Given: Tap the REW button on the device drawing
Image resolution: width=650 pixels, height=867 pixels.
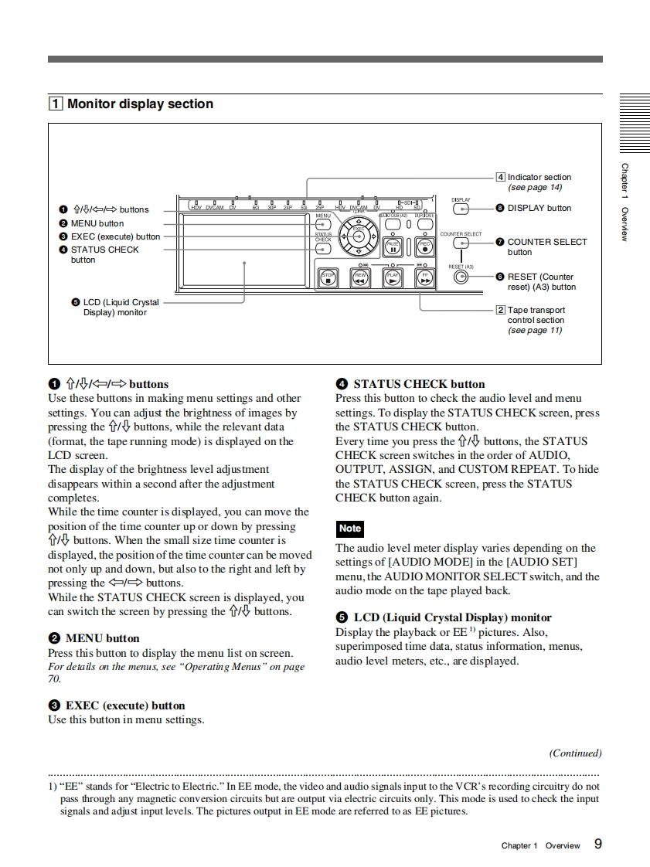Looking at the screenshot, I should (361, 277).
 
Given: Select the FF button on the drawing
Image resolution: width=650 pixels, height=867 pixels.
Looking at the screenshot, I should (425, 277).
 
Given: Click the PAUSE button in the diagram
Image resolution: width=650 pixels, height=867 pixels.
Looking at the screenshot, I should (393, 246).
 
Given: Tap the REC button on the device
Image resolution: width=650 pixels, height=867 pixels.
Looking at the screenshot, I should (425, 246).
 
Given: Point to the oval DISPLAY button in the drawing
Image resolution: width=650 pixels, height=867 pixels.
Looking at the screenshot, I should (461, 208).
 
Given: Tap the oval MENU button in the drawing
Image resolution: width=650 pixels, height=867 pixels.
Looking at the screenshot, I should (323, 225).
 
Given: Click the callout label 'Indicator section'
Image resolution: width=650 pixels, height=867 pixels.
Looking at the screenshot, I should (539, 177).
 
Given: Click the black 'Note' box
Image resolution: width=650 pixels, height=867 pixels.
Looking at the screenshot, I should (350, 529).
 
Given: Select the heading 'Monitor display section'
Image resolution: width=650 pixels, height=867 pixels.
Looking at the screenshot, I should (140, 104).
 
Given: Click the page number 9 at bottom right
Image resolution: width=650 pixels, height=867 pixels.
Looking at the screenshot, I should (598, 844).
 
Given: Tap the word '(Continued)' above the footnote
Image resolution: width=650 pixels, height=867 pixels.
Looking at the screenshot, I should (575, 753).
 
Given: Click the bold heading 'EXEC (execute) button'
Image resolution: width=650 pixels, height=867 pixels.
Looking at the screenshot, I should (125, 705).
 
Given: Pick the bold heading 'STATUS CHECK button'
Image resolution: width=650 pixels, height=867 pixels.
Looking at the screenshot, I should (419, 384).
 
